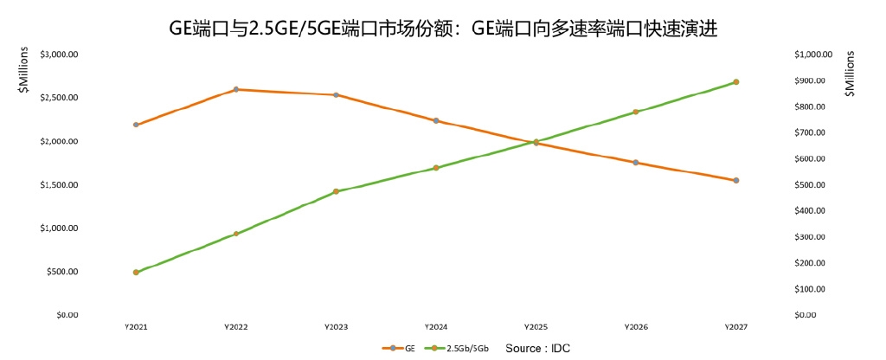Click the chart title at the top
[x=443, y=28]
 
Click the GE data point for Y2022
[x=236, y=89]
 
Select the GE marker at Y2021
[x=136, y=125]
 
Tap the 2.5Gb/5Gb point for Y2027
[x=736, y=82]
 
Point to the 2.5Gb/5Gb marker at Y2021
[x=136, y=272]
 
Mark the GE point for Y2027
[x=736, y=180]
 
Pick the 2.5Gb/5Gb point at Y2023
[x=336, y=191]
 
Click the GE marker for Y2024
[x=436, y=120]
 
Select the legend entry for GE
[x=400, y=348]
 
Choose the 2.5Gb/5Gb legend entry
[x=463, y=348]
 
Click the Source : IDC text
[x=537, y=348]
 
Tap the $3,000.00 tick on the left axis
[x=60, y=54]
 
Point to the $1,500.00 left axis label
[x=60, y=184]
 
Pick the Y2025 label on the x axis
[x=536, y=327]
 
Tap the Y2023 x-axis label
[x=336, y=327]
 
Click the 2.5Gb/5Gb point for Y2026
[x=636, y=112]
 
